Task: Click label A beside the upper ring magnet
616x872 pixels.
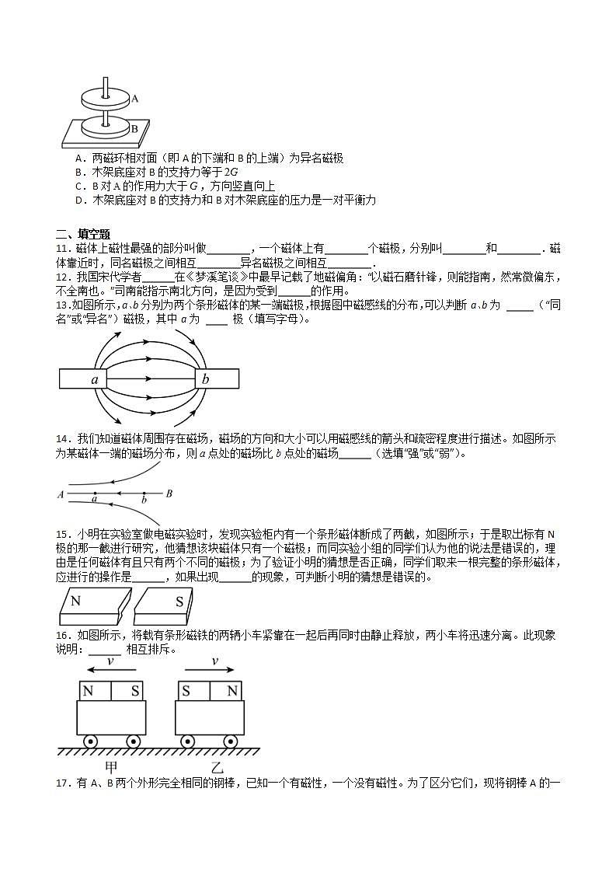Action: (135, 99)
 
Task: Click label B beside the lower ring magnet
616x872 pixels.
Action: (134, 129)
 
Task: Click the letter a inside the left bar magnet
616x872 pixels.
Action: (94, 380)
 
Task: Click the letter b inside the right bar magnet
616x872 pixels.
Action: (206, 380)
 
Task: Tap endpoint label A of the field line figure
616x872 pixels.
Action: (61, 494)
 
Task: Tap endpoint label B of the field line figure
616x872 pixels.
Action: (169, 494)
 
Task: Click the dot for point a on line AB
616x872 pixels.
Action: (95, 494)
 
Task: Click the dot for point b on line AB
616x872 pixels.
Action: (144, 494)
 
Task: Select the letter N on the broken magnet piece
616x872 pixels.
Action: (75, 601)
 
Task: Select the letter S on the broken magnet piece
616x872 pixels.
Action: (179, 601)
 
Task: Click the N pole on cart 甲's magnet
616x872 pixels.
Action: (89, 691)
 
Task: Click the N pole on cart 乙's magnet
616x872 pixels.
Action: (230, 691)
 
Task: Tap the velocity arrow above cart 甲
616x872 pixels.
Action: (110, 669)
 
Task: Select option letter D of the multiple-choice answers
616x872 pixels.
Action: (79, 201)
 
